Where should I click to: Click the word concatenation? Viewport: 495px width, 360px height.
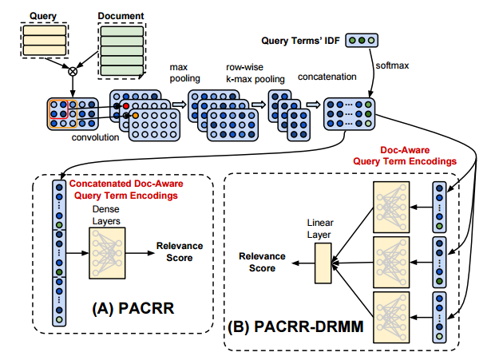coord(325,78)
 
